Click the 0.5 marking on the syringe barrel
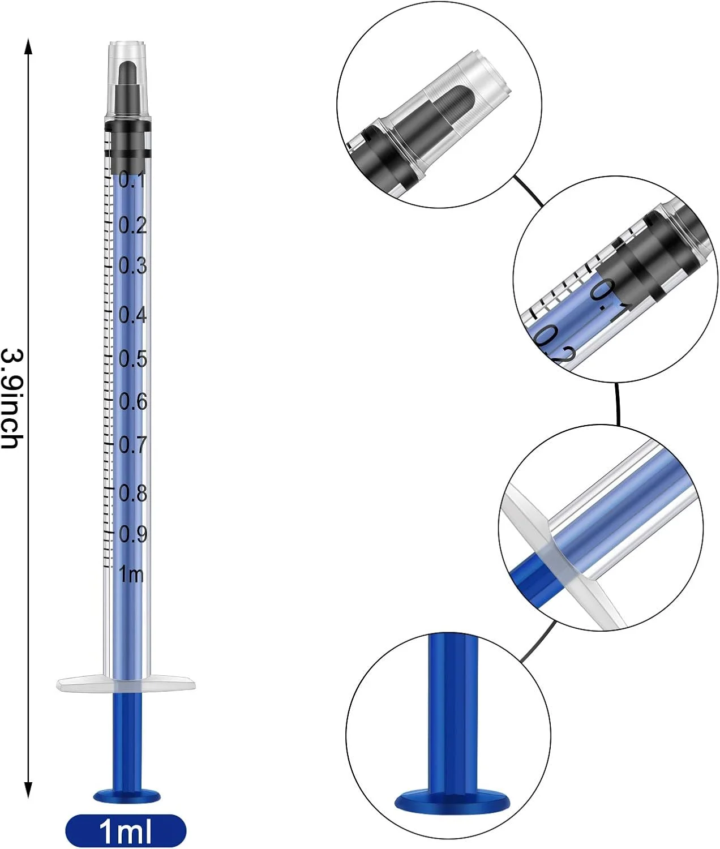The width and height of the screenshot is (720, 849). [x=132, y=359]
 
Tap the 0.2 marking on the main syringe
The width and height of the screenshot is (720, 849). [x=132, y=225]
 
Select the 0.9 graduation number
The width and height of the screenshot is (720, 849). [x=133, y=534]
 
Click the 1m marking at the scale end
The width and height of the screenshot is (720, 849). [x=131, y=574]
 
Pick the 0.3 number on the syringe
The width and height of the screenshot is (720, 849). [x=132, y=265]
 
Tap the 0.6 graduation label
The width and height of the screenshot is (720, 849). [x=133, y=401]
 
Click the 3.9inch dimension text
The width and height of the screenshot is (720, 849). [x=12, y=399]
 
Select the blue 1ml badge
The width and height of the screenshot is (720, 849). [x=126, y=830]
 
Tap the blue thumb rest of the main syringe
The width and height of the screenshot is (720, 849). [x=127, y=795]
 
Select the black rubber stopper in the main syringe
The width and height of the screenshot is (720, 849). [x=127, y=141]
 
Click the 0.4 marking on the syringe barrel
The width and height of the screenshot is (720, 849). [x=132, y=314]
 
